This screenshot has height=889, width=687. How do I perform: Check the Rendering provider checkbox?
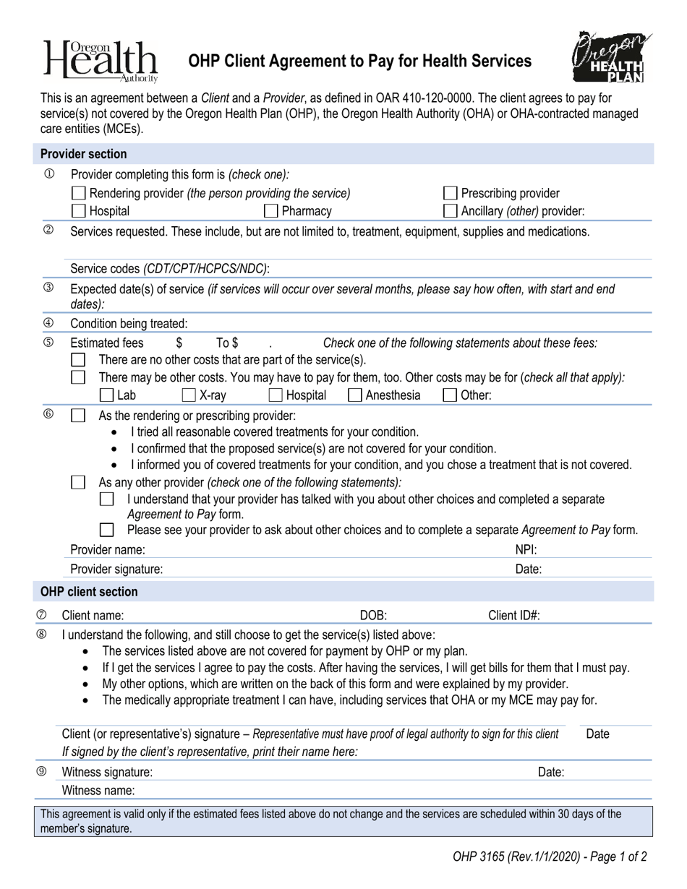point(80,193)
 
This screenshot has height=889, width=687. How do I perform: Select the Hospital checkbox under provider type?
point(80,211)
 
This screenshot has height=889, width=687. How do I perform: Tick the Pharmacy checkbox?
point(271,211)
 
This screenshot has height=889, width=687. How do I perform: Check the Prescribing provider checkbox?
point(450,193)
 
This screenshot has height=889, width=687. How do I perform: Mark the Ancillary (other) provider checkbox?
point(450,211)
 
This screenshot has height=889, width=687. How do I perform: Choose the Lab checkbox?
point(106,395)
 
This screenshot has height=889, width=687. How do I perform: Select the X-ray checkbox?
point(189,395)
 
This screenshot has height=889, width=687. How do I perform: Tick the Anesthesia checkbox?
point(355,395)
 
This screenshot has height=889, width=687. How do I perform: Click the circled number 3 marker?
point(48,288)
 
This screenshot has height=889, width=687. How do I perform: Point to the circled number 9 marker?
point(41,771)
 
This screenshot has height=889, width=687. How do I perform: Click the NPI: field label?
point(526,549)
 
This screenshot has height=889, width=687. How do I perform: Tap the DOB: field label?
point(373,616)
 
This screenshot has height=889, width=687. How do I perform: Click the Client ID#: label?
point(514,616)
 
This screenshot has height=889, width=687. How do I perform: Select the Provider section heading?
point(83,154)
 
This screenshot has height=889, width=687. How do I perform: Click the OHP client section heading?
point(88,591)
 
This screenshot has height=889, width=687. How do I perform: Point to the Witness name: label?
point(98,790)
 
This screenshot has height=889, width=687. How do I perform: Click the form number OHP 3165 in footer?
point(479,858)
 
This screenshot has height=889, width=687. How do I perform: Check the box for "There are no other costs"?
point(79,359)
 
